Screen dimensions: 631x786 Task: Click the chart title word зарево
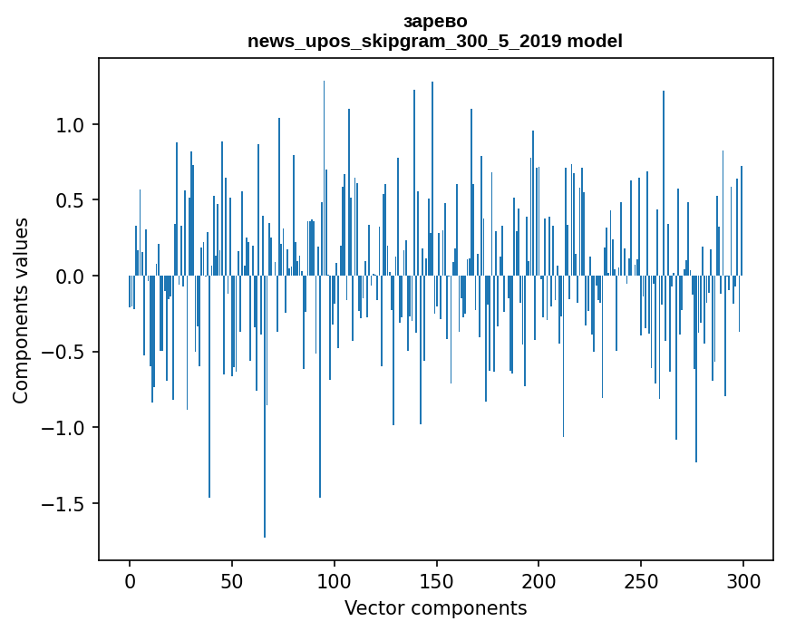click(x=435, y=21)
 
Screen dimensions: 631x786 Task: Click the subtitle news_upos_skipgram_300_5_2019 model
click(x=435, y=41)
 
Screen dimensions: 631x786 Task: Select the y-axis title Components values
click(x=21, y=310)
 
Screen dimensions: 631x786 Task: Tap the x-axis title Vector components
click(x=435, y=608)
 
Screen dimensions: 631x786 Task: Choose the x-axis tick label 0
click(x=130, y=579)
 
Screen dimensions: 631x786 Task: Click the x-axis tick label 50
click(x=232, y=579)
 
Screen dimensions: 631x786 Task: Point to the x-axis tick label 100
click(x=335, y=579)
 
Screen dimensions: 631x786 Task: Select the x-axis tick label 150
click(x=436, y=579)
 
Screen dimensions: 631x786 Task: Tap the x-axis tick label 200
click(x=539, y=579)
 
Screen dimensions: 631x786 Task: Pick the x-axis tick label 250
click(x=641, y=579)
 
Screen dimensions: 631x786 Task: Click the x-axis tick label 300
click(x=743, y=579)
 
